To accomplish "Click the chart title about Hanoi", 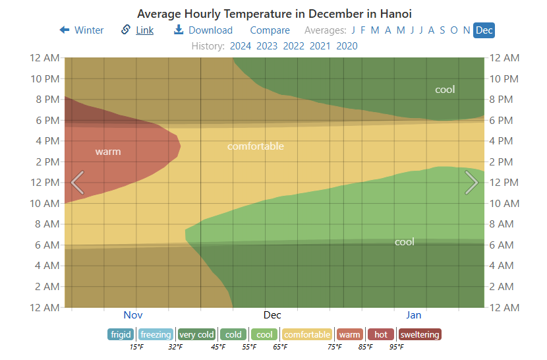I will pyautogui.click(x=273, y=14).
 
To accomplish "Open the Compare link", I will pyautogui.click(x=270, y=30).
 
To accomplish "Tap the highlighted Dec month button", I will pyautogui.click(x=484, y=30).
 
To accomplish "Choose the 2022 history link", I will pyautogui.click(x=293, y=45).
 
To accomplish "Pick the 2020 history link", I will pyautogui.click(x=347, y=45).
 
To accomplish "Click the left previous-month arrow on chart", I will pyautogui.click(x=77, y=183).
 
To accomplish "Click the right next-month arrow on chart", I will pyautogui.click(x=471, y=183).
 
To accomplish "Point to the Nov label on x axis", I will pyautogui.click(x=133, y=315).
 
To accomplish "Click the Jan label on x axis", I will pyautogui.click(x=413, y=315).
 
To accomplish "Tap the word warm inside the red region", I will pyautogui.click(x=108, y=152).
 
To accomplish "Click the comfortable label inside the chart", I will pyautogui.click(x=255, y=146).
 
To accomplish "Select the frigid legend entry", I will pyautogui.click(x=121, y=334).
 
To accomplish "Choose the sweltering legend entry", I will pyautogui.click(x=419, y=334).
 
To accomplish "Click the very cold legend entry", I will pyautogui.click(x=196, y=334).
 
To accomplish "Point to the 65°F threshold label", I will pyautogui.click(x=280, y=347).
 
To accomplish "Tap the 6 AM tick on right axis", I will pyautogui.click(x=502, y=245).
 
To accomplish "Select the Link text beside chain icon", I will pyautogui.click(x=144, y=30).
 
